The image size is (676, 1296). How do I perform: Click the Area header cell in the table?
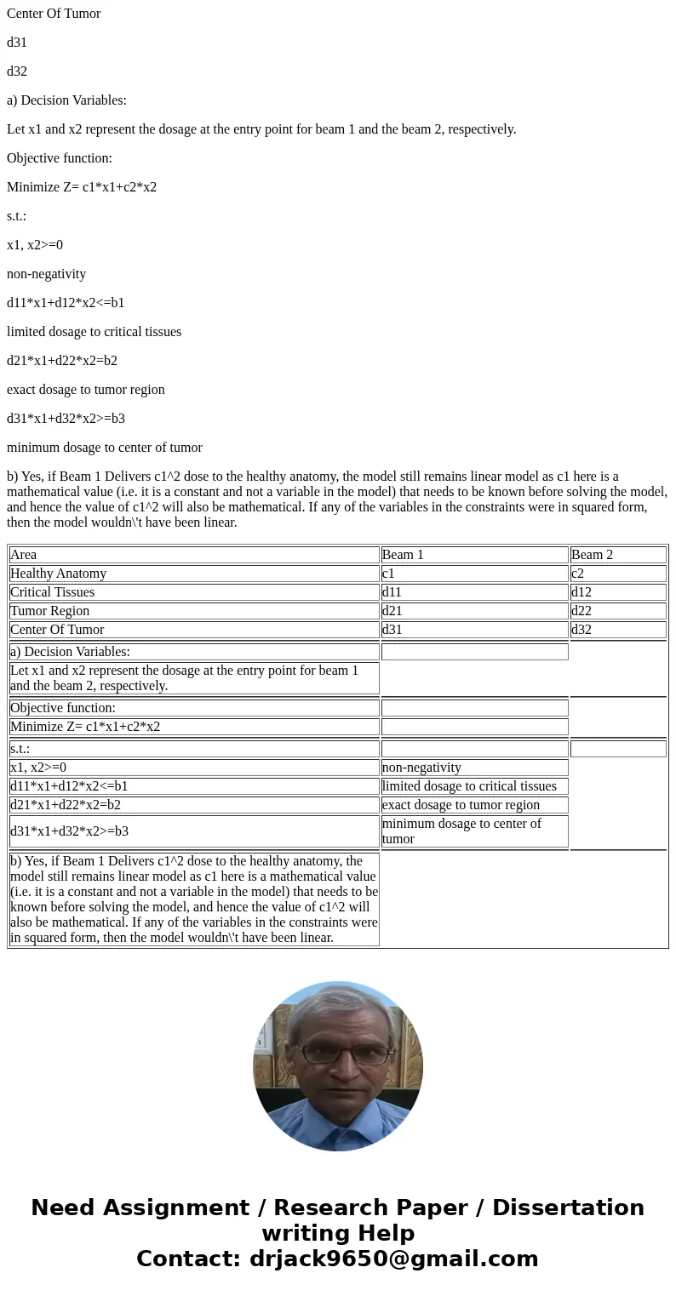click(x=194, y=555)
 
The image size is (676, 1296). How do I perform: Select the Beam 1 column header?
click(x=474, y=555)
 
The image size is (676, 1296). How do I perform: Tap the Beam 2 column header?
click(x=618, y=555)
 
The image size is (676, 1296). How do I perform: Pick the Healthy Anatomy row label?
click(x=194, y=574)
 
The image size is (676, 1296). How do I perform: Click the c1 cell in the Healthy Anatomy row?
click(x=474, y=574)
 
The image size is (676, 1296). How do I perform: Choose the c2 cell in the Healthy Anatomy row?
click(x=618, y=574)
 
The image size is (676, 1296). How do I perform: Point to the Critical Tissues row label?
click(x=194, y=592)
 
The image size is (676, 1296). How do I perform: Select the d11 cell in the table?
click(x=474, y=592)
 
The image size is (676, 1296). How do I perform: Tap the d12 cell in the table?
click(x=618, y=592)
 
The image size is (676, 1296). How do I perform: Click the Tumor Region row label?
click(x=194, y=611)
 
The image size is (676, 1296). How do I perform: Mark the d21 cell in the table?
click(x=474, y=611)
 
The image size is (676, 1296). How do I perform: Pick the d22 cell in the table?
click(x=618, y=611)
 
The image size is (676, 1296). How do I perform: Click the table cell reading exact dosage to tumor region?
click(x=474, y=805)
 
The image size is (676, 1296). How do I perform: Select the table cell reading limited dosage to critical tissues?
click(x=474, y=786)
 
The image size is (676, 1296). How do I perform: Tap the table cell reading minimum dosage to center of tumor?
click(x=474, y=831)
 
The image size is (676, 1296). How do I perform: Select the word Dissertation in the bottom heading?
click(x=568, y=1208)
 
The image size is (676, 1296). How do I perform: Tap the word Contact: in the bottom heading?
click(x=189, y=1259)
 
